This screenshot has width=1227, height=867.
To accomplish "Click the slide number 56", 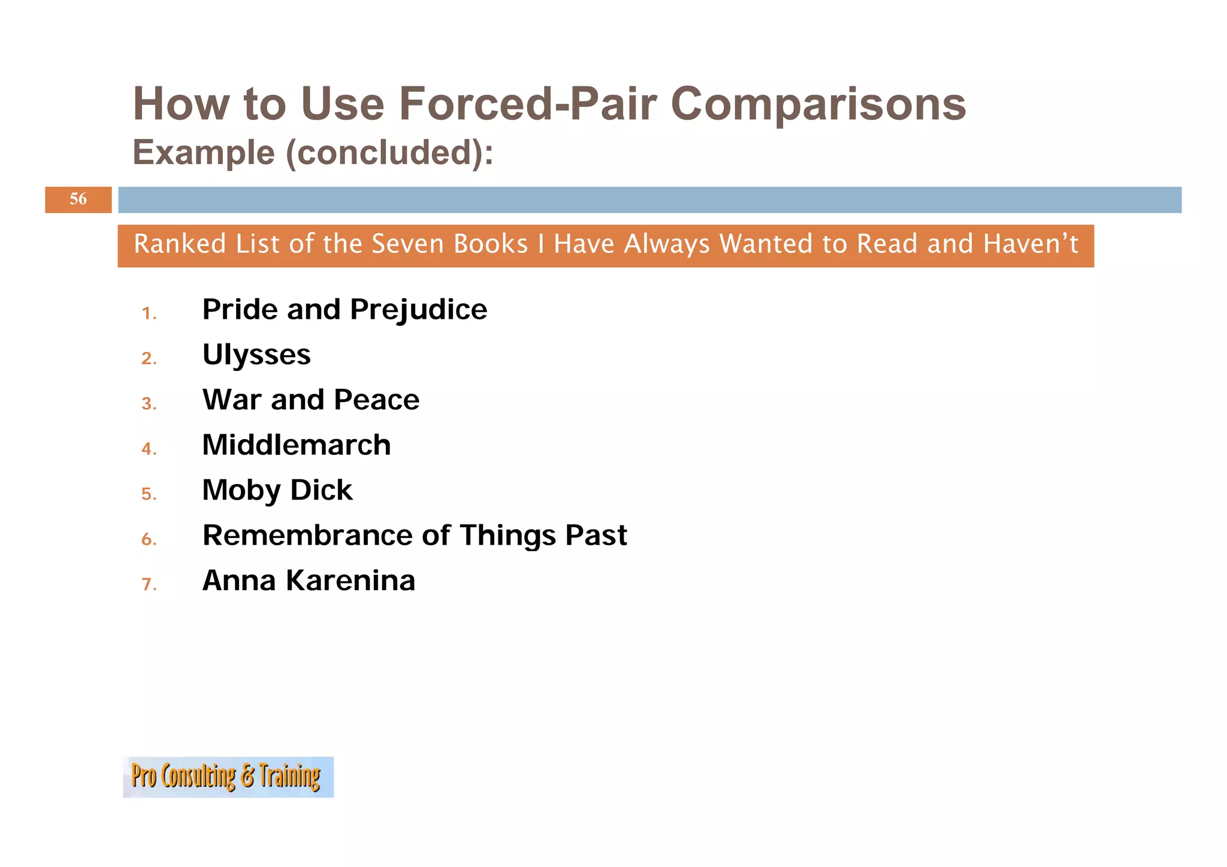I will click(x=78, y=199).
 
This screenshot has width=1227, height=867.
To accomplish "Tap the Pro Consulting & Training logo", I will click(x=228, y=777).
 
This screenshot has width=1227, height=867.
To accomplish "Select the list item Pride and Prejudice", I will click(x=344, y=310).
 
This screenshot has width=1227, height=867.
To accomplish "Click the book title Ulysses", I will click(x=256, y=355).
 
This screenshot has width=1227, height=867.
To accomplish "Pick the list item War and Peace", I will click(x=310, y=400).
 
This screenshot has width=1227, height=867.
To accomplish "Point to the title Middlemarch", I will click(x=296, y=445).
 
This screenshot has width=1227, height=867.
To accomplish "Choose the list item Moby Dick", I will click(x=277, y=490).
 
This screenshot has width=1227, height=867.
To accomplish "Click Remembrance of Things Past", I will click(x=414, y=535).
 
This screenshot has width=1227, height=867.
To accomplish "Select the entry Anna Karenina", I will click(x=309, y=581).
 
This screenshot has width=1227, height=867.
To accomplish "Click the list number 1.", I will click(x=149, y=313).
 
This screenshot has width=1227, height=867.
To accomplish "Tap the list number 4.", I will click(x=149, y=449).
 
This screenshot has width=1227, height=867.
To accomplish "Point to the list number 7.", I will click(x=149, y=584).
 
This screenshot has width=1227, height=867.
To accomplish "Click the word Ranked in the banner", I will click(x=180, y=244).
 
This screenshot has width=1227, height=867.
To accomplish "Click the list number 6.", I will click(x=149, y=539).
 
